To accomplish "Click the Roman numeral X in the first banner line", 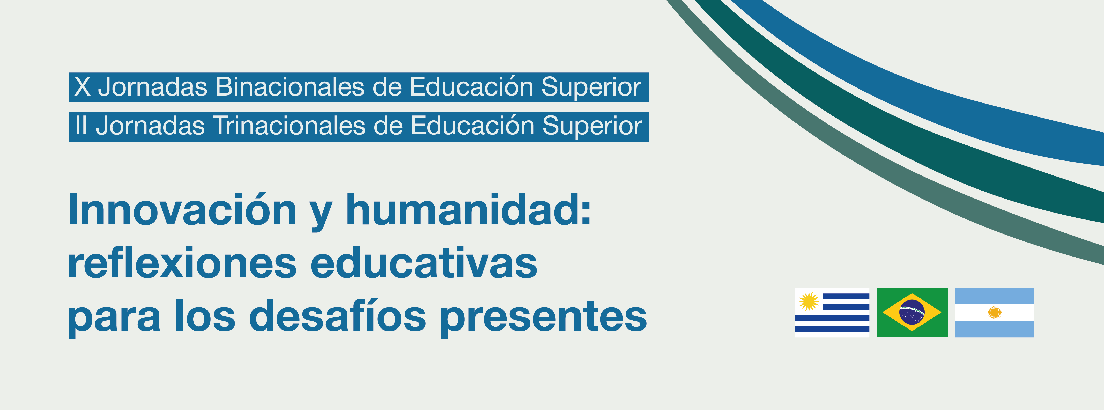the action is [82, 87].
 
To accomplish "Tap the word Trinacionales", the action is [289, 126].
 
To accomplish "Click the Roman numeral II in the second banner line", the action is [80, 126].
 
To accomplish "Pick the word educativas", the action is [424, 262].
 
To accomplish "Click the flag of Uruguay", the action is [832, 313].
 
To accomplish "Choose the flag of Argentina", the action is [994, 313].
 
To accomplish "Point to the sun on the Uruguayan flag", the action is [809, 301].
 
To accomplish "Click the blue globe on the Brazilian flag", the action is [912, 312].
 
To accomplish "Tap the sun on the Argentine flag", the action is [994, 313].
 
